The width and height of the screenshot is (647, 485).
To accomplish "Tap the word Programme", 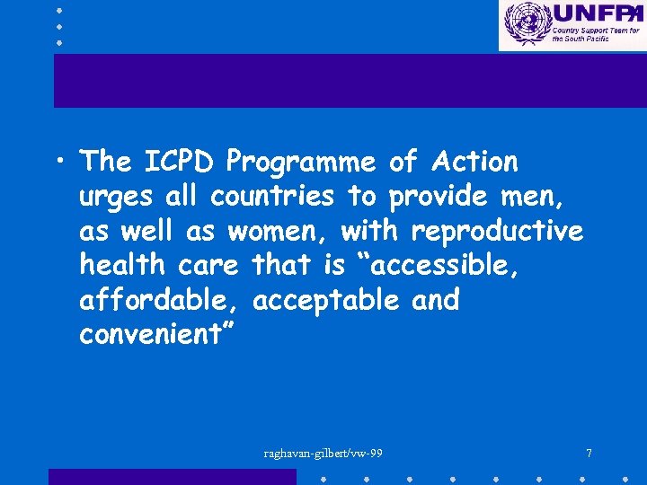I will [x=301, y=163].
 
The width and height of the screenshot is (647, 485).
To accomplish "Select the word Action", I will [x=475, y=162].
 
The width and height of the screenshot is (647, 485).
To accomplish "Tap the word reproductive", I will [x=497, y=231].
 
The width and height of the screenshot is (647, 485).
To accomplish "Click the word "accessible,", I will [x=449, y=265].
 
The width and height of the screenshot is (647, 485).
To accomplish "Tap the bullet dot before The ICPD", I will [x=58, y=162].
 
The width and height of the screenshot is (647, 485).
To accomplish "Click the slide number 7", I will [x=589, y=453].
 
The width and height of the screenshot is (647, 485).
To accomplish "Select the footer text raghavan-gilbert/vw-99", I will [x=323, y=453].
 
